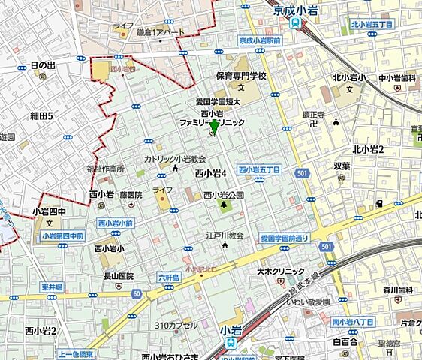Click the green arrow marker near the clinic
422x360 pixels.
coord(214,128)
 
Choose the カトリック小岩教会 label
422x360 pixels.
coord(176,160)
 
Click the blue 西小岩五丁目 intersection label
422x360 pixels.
coord(259,170)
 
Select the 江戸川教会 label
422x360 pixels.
coord(226,235)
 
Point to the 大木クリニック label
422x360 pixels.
coord(280,271)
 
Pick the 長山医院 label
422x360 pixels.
coord(118,276)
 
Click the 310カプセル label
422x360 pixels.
coord(176,325)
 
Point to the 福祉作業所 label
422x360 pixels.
coord(105,169)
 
